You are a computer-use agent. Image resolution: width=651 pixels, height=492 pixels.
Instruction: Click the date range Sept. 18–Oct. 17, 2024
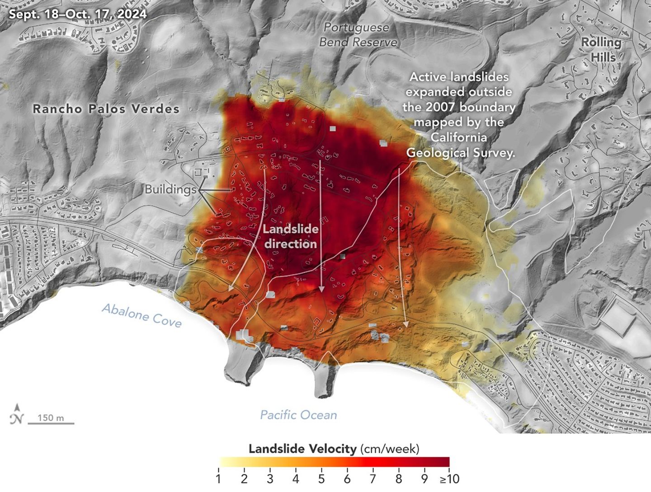click(78, 14)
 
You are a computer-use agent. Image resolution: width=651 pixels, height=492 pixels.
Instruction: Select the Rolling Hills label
click(601, 49)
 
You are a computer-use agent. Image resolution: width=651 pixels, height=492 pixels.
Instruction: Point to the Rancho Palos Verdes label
click(106, 109)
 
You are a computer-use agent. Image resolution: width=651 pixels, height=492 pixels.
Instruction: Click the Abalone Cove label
click(142, 315)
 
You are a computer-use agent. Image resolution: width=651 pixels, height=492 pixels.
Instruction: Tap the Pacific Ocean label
click(298, 415)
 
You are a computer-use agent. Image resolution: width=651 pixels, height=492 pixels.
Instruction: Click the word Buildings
click(170, 189)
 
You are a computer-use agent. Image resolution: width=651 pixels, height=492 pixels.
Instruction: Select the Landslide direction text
click(290, 236)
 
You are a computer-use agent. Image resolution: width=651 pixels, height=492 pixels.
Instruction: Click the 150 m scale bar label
click(51, 417)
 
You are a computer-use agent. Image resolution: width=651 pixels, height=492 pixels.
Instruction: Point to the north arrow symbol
click(17, 414)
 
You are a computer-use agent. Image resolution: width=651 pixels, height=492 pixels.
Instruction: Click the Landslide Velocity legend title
click(302, 449)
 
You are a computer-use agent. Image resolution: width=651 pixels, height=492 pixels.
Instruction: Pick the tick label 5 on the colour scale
click(321, 478)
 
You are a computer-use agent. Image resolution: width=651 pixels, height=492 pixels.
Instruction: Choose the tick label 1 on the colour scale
click(218, 478)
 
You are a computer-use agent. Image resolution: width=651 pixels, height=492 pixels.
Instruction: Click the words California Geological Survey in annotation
click(460, 145)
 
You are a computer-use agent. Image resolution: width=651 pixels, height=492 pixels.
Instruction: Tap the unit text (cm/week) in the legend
click(390, 449)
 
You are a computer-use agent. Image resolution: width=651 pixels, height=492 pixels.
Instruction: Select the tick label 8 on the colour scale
click(398, 478)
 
